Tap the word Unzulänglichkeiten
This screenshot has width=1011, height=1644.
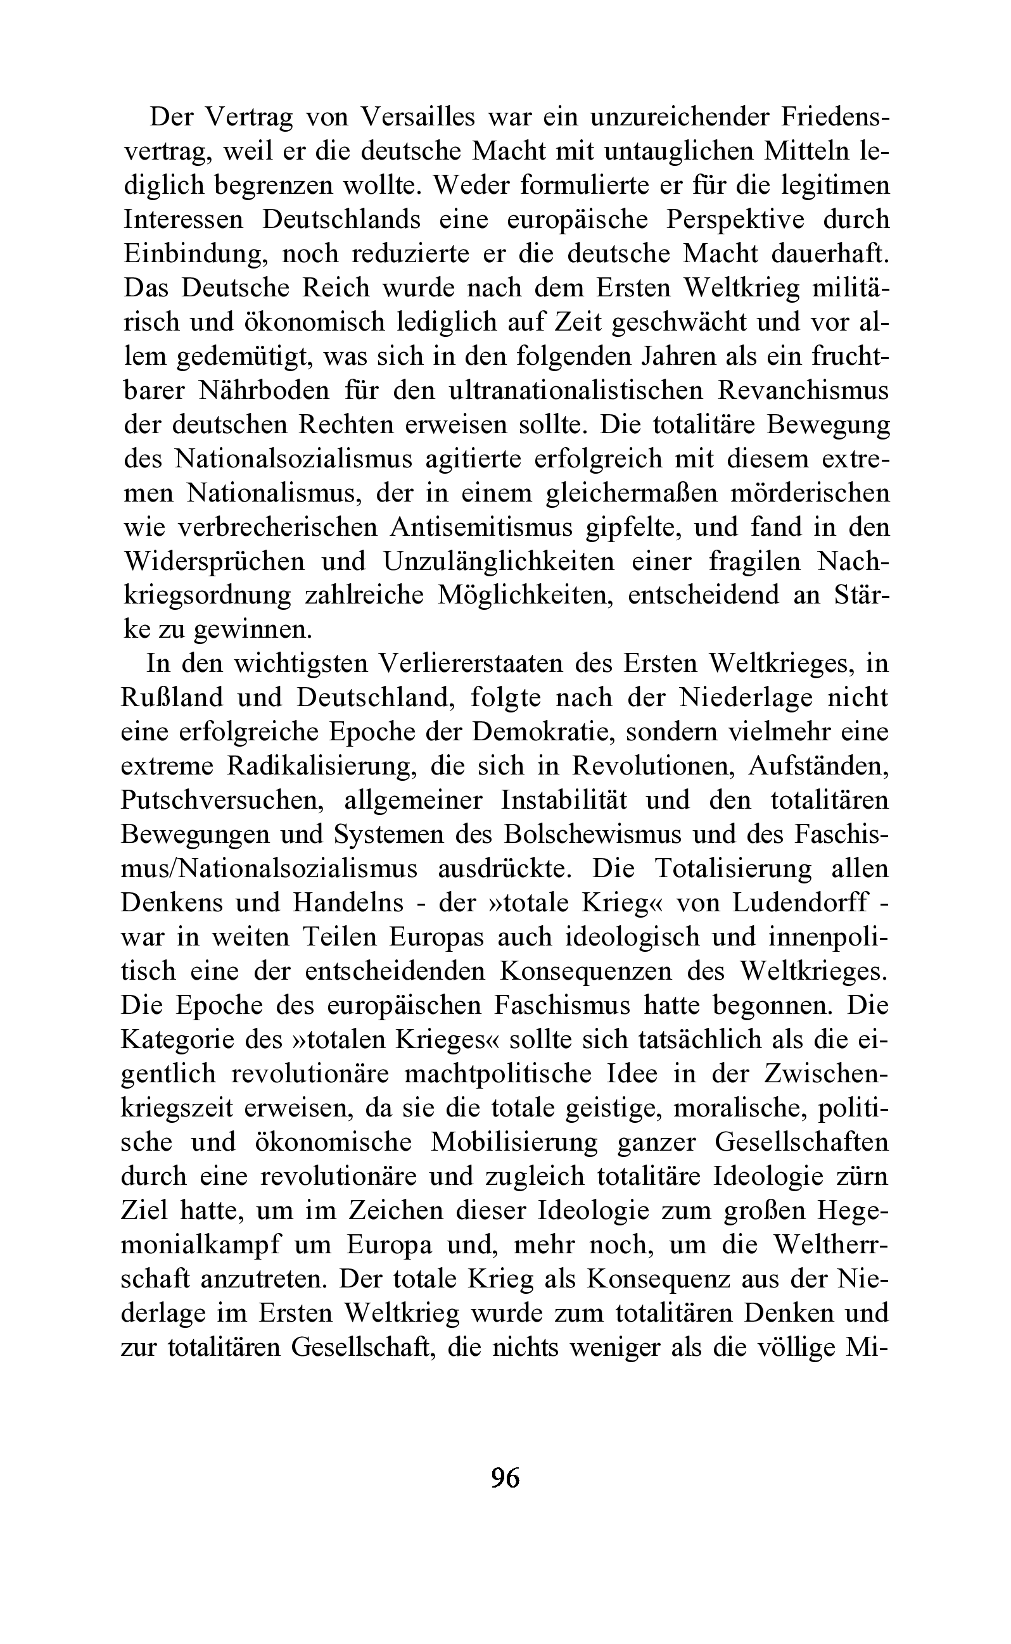point(498,561)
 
